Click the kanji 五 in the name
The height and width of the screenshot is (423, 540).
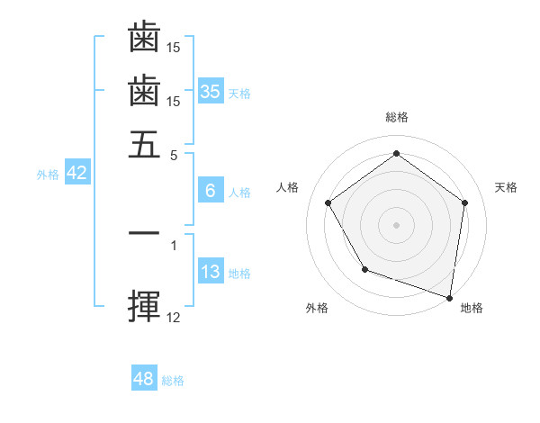pos(144,144)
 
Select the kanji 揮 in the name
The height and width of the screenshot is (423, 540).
pos(144,306)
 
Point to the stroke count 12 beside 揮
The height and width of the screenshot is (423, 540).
pos(174,317)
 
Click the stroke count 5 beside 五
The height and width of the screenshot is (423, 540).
pos(175,154)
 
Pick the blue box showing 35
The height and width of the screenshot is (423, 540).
pos(210,92)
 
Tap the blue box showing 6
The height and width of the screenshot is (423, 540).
pos(210,191)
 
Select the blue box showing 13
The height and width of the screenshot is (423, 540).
pos(210,272)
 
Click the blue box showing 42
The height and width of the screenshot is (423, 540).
pos(76,173)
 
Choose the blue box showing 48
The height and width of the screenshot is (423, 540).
pos(144,379)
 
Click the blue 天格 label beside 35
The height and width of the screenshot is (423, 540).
pos(239,94)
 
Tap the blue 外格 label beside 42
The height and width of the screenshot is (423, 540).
pos(48,175)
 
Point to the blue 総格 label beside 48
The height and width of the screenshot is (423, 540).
pos(173,381)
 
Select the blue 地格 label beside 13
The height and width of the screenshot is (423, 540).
pos(239,274)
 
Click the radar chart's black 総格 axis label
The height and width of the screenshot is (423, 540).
pos(396,117)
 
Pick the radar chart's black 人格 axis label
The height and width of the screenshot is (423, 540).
pos(287,187)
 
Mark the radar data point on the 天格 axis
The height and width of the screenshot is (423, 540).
pos(464,202)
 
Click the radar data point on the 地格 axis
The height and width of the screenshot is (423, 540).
pos(448,296)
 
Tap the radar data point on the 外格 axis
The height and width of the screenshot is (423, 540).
pos(364,269)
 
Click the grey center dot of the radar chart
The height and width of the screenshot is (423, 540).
pos(396,224)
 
